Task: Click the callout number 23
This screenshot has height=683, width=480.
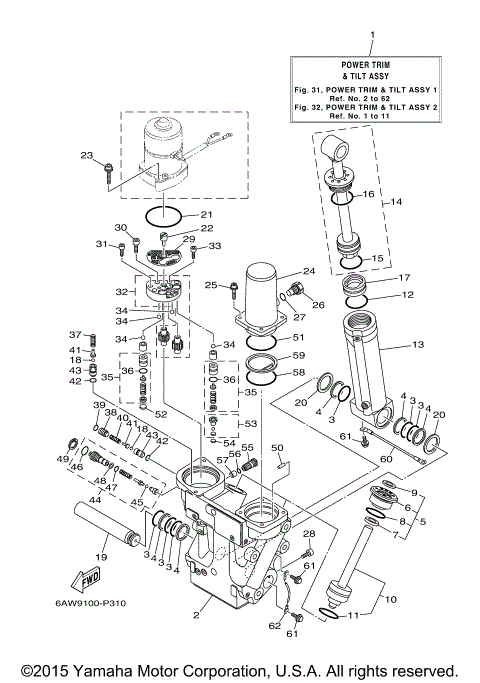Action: pos(86,155)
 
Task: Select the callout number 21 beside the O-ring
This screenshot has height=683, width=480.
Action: pos(206,214)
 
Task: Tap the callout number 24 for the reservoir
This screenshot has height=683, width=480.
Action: pos(309,271)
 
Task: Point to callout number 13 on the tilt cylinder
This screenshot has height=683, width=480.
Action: pos(418,346)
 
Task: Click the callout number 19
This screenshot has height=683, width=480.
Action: pos(99,556)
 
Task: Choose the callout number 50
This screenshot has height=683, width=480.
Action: pos(278,448)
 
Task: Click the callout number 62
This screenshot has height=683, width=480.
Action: pos(273,625)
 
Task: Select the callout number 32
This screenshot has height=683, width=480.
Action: pos(120,293)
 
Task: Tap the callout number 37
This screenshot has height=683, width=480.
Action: pos(74,334)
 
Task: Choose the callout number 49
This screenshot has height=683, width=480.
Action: pos(63,458)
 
